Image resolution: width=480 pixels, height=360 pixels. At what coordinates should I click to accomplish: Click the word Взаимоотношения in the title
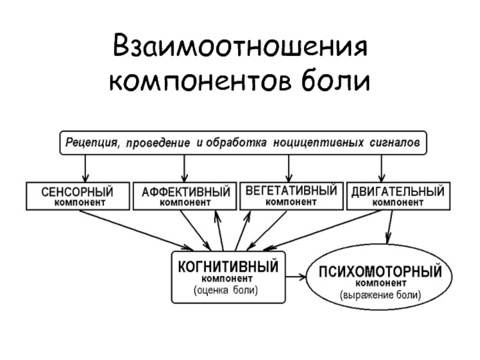click(x=241, y=47)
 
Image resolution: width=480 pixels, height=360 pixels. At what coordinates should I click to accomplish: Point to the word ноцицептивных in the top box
click(x=319, y=143)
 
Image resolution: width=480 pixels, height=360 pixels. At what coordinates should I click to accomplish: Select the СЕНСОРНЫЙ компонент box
click(x=78, y=196)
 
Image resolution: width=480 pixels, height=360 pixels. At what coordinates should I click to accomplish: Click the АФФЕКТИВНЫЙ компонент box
click(x=185, y=196)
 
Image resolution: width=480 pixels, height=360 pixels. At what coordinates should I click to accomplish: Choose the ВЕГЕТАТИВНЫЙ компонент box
click(x=292, y=196)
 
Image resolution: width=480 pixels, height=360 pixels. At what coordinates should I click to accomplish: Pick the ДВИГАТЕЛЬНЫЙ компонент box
click(x=398, y=196)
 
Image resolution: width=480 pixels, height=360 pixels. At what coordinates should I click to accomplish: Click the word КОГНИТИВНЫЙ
click(x=229, y=266)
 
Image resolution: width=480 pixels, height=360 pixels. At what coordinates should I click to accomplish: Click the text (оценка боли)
click(x=226, y=290)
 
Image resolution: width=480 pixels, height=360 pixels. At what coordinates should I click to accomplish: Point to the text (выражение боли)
click(x=380, y=295)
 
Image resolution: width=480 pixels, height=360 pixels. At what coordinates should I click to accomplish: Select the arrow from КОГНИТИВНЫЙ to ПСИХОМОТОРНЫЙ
click(x=296, y=277)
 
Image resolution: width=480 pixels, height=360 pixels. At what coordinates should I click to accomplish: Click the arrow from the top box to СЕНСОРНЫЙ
click(x=85, y=169)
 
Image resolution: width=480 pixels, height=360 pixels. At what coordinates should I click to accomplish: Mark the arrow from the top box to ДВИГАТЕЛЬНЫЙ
click(x=382, y=169)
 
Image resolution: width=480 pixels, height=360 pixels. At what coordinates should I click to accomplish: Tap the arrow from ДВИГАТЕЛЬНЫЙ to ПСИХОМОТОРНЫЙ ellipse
click(x=390, y=227)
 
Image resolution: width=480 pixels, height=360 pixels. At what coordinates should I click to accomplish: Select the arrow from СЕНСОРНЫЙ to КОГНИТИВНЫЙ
click(x=136, y=230)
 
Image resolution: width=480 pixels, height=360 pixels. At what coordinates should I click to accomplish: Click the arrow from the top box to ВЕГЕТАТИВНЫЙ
click(x=289, y=169)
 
